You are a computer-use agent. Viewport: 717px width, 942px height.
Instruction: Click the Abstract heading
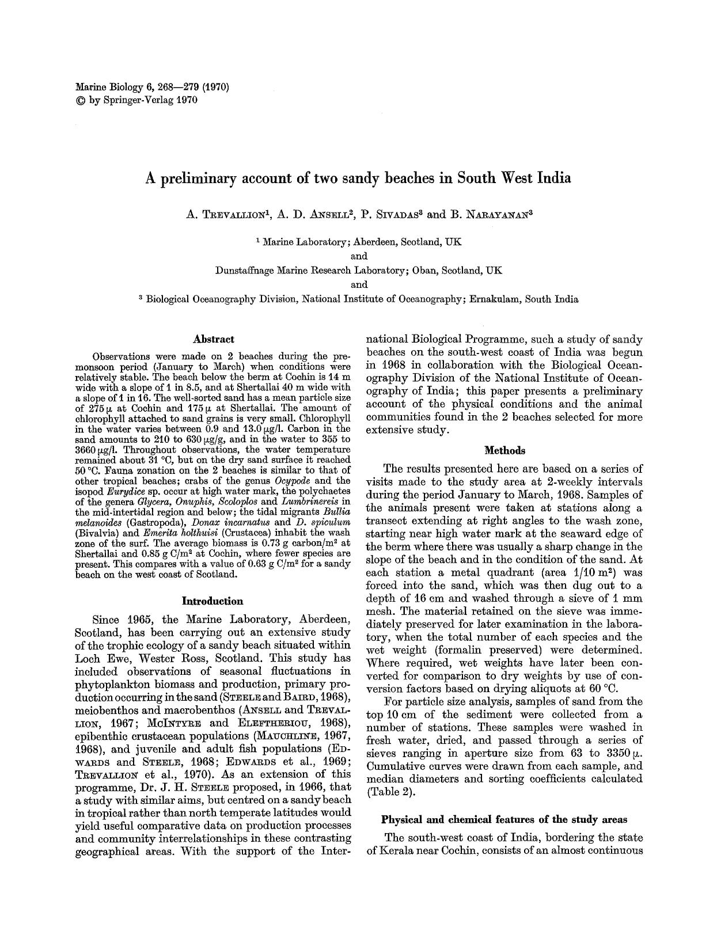213,340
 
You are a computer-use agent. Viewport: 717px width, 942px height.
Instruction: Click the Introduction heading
213,601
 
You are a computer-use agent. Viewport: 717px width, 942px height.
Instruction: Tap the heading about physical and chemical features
504,819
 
